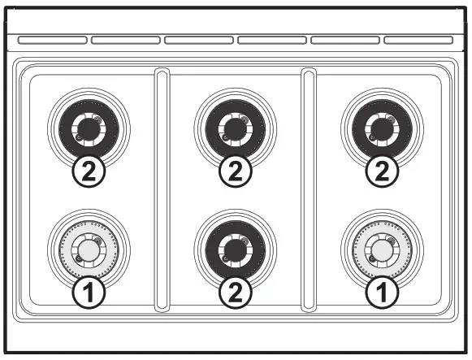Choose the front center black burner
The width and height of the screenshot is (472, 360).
coord(235,249)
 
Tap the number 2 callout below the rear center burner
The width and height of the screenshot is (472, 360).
coord(235,171)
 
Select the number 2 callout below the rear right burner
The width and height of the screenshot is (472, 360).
coord(381,171)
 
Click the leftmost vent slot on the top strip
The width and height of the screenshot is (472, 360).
coord(52,39)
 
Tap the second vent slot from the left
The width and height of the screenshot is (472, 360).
coord(125,39)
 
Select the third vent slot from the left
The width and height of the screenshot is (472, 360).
coord(198,39)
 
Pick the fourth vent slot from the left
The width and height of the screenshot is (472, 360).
coord(271,39)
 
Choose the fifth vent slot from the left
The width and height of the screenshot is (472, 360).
coord(345,39)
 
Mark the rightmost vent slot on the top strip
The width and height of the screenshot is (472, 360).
coord(418,39)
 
